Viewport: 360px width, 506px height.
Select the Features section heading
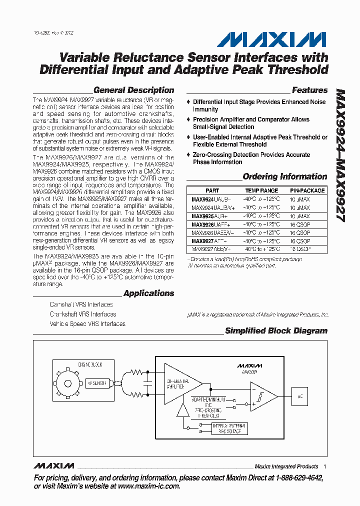pos(309,90)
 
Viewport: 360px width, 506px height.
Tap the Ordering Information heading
pos(284,176)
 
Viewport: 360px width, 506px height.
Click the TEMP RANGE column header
pos(261,190)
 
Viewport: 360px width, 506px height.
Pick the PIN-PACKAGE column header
pos(307,190)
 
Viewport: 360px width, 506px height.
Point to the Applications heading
pos(148,293)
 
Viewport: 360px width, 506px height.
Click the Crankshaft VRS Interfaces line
pos(82,314)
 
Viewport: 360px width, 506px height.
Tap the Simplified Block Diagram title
pos(276,331)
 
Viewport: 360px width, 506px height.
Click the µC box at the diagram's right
pos(300,396)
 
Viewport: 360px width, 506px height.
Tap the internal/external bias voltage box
pos(229,428)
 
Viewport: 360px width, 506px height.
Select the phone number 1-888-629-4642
pos(296,478)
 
